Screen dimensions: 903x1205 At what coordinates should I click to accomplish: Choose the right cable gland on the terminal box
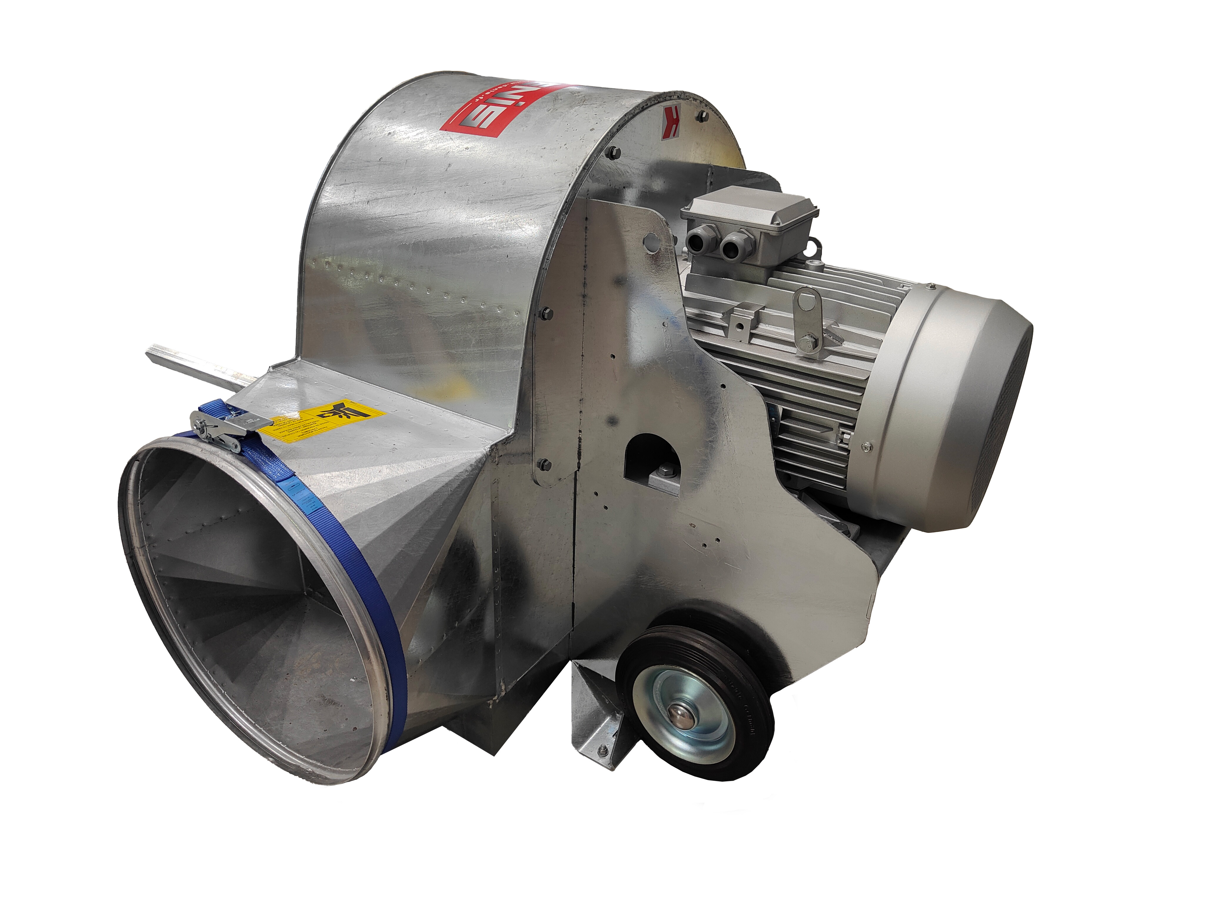click(733, 244)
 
